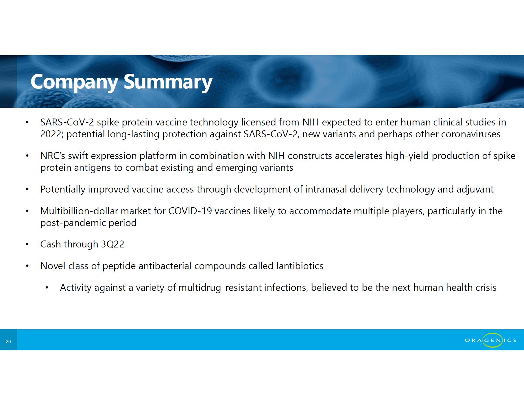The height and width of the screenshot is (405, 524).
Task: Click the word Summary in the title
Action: [x=168, y=82]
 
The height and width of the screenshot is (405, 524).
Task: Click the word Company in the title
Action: [x=74, y=82]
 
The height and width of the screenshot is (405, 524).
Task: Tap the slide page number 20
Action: [x=8, y=342]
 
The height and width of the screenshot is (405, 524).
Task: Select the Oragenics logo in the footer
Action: [x=490, y=340]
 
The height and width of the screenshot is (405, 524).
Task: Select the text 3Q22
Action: [x=112, y=244]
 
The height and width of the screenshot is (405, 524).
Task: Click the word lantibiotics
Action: [x=300, y=266]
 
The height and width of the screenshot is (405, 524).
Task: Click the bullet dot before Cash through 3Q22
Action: [x=27, y=245]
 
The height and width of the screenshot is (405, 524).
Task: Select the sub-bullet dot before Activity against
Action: [x=47, y=288]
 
